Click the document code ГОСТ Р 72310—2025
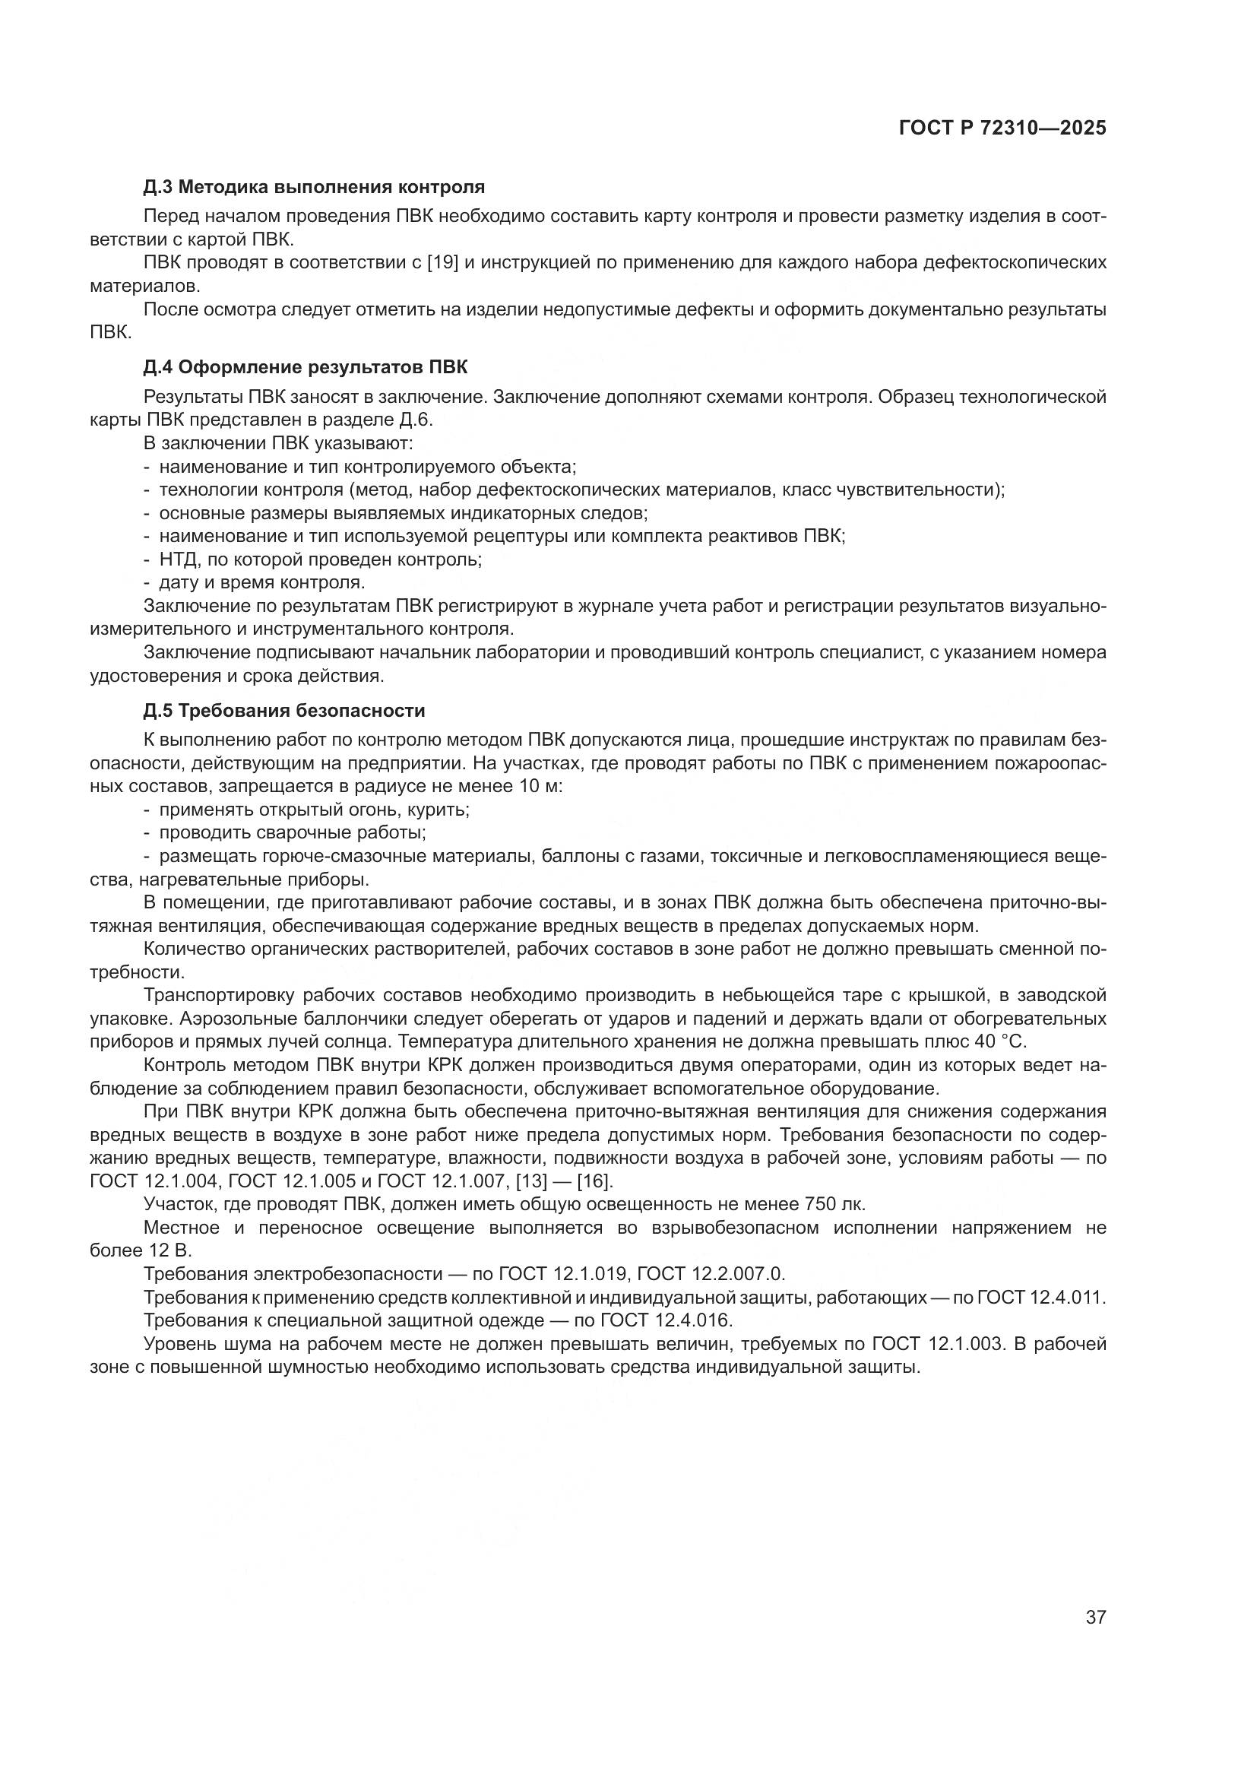tap(1002, 128)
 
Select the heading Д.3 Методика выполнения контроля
tap(315, 187)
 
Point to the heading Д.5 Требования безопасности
tap(284, 710)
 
